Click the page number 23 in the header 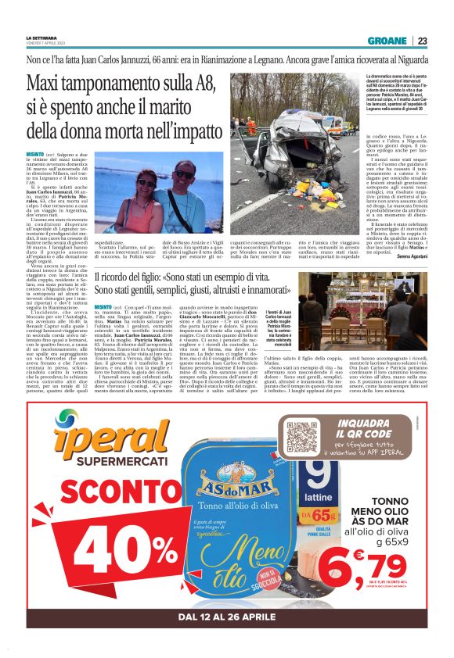click(422, 41)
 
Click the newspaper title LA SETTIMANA click(41, 38)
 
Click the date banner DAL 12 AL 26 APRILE click(227, 617)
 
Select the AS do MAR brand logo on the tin click(222, 477)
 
